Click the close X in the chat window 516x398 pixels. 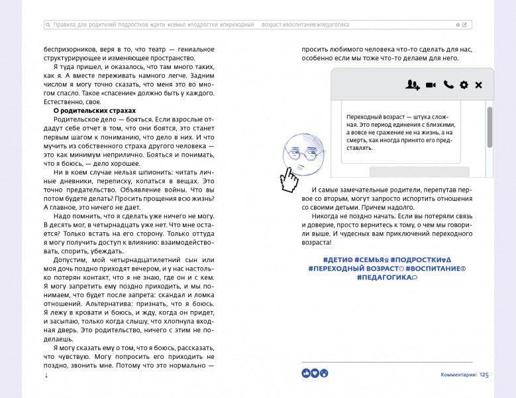pyautogui.click(x=478, y=85)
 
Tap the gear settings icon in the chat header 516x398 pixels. pyautogui.click(x=464, y=85)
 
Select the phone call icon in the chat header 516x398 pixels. pyautogui.click(x=448, y=85)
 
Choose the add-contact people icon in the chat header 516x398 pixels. pyautogui.click(x=413, y=85)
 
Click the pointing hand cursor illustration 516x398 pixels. pyautogui.click(x=288, y=178)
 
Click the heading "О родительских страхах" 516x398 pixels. pyautogui.click(x=90, y=111)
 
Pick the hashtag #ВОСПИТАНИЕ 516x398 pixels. pyautogui.click(x=436, y=268)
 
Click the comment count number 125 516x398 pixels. pyautogui.click(x=484, y=375)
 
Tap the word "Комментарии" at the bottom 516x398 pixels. pyautogui.click(x=458, y=375)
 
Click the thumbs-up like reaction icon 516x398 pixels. pyautogui.click(x=306, y=373)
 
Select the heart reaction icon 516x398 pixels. pyautogui.click(x=315, y=373)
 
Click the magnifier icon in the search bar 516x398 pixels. pyautogui.click(x=48, y=25)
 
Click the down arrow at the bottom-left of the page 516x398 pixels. pyautogui.click(x=46, y=375)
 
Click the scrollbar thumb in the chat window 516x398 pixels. pyautogui.click(x=490, y=126)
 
